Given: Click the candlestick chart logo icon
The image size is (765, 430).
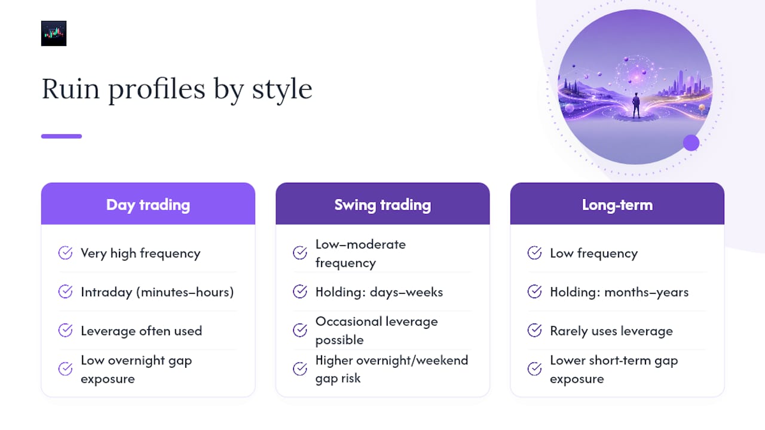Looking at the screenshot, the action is [x=54, y=33].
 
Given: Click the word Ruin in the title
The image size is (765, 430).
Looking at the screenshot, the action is [x=71, y=89].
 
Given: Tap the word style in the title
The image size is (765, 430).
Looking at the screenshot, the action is [x=282, y=90].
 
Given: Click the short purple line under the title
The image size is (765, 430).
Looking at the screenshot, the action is [x=62, y=136].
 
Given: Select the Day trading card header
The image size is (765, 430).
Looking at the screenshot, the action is [x=148, y=204].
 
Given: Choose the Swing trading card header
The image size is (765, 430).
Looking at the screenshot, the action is [x=382, y=204].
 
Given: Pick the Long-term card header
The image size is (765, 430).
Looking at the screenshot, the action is [x=617, y=204].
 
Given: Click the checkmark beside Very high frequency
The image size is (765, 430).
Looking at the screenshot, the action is [x=65, y=253].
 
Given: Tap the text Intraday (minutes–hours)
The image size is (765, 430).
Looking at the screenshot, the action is [x=157, y=292].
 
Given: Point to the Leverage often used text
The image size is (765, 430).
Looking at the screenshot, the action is [x=142, y=331].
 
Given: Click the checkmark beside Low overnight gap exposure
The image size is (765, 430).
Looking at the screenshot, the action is [x=65, y=369].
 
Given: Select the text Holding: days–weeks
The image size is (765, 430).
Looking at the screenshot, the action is [x=379, y=292].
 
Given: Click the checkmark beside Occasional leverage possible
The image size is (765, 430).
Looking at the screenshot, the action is [x=300, y=330].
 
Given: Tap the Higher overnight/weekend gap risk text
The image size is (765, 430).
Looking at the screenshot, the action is [x=391, y=369].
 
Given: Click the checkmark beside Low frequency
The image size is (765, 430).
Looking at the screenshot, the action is [x=534, y=253].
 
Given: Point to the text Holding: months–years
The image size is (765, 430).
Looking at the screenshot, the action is [x=619, y=292].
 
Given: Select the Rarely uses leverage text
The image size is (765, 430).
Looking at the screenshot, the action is [x=611, y=331].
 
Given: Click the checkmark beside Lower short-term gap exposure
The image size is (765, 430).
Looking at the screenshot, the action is [x=534, y=369].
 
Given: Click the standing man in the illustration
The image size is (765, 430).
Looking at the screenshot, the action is [x=636, y=106].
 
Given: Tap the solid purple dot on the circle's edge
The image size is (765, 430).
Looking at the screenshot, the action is [x=691, y=143].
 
